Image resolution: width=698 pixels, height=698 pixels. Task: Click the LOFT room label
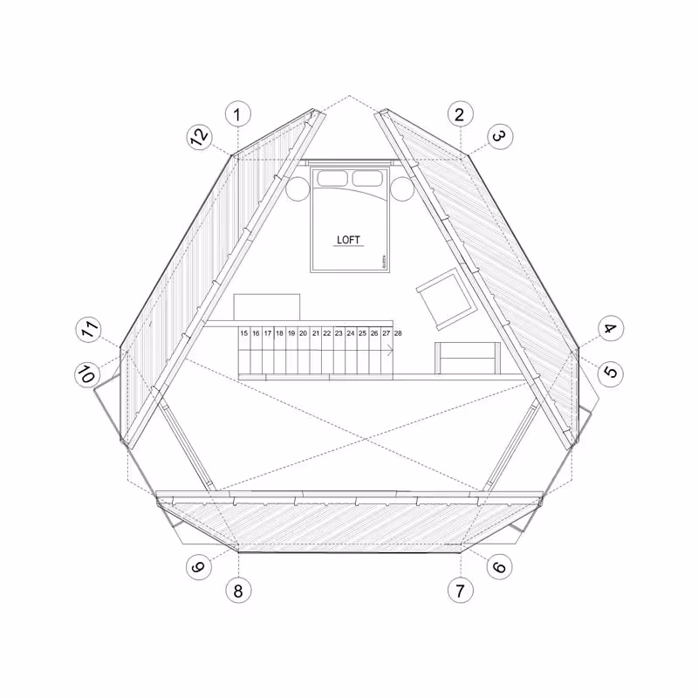pyautogui.click(x=348, y=240)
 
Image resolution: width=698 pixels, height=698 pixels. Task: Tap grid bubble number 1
pyautogui.click(x=238, y=113)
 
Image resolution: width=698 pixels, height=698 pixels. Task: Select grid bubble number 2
pyautogui.click(x=460, y=113)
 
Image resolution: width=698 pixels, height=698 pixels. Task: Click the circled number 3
pyautogui.click(x=499, y=136)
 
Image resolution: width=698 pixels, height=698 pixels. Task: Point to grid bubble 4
pyautogui.click(x=610, y=330)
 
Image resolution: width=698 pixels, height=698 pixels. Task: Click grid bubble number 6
pyautogui.click(x=499, y=567)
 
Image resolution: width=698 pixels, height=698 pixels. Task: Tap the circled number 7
pyautogui.click(x=460, y=590)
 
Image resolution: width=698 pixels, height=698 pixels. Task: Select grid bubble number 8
pyautogui.click(x=238, y=590)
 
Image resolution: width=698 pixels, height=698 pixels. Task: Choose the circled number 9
pyautogui.click(x=199, y=567)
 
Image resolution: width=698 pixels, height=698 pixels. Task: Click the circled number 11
pyautogui.click(x=87, y=331)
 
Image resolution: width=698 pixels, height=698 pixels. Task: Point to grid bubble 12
pyautogui.click(x=199, y=136)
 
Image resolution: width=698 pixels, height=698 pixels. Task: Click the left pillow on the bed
pyautogui.click(x=332, y=179)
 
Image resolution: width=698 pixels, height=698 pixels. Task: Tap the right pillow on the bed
pyautogui.click(x=366, y=179)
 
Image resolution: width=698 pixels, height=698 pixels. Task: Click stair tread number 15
pyautogui.click(x=244, y=333)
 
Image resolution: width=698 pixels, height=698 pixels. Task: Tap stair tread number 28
pyautogui.click(x=398, y=333)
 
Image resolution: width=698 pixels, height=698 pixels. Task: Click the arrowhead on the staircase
pyautogui.click(x=389, y=349)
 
